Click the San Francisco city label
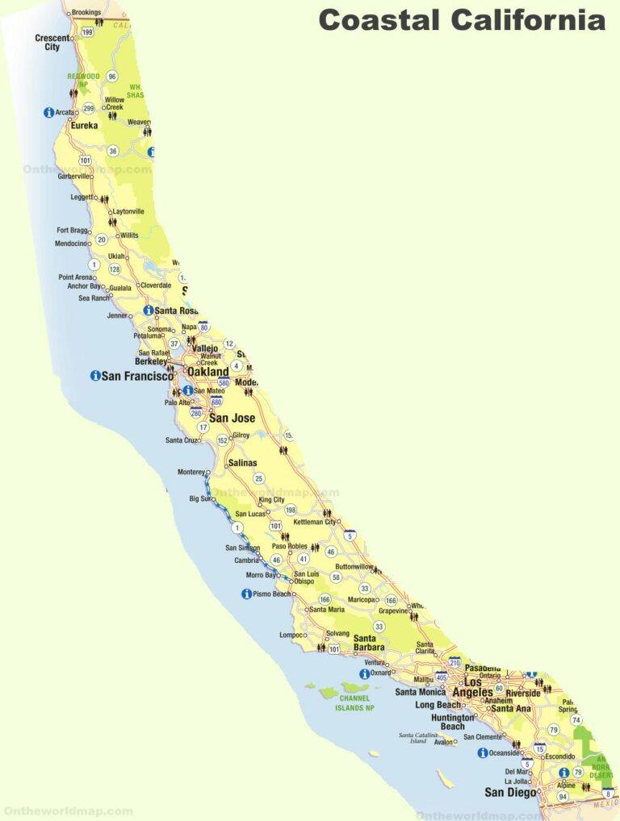pyautogui.click(x=137, y=376)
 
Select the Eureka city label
pyautogui.click(x=84, y=126)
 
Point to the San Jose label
pyautogui.click(x=232, y=418)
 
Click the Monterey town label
pyautogui.click(x=191, y=472)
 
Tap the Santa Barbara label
pyautogui.click(x=369, y=643)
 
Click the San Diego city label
pyautogui.click(x=509, y=792)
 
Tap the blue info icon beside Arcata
pyautogui.click(x=48, y=113)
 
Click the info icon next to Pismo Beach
pyautogui.click(x=246, y=594)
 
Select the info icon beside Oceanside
pyautogui.click(x=483, y=753)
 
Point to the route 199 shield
pyautogui.click(x=87, y=32)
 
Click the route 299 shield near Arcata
pyautogui.click(x=89, y=108)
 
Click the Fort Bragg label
pyautogui.click(x=73, y=231)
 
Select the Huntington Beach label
pyautogui.click(x=453, y=722)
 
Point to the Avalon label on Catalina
pyautogui.click(x=444, y=742)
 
